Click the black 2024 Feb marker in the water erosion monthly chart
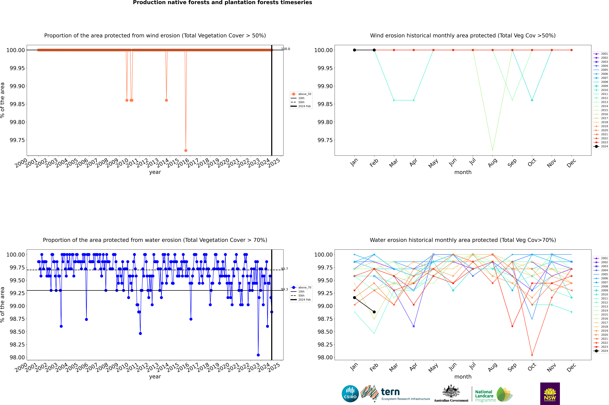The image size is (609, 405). click(x=374, y=312)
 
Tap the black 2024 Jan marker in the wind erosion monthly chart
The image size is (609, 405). click(x=354, y=50)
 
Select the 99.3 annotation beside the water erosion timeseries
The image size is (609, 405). click(x=284, y=290)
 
